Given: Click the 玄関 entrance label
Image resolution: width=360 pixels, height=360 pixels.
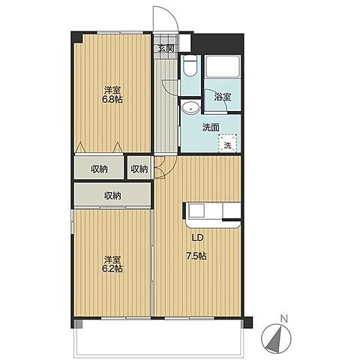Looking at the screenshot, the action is pyautogui.click(x=166, y=48).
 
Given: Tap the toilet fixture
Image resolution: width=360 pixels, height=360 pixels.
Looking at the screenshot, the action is pyautogui.click(x=188, y=65).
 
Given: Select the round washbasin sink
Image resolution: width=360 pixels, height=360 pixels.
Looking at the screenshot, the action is pyautogui.click(x=190, y=108).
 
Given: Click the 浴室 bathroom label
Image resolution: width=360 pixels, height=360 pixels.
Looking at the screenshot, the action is pyautogui.click(x=222, y=97).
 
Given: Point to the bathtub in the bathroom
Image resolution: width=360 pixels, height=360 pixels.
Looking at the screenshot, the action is pyautogui.click(x=222, y=67).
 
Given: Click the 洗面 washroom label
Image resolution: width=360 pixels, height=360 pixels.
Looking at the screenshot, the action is pyautogui.click(x=211, y=127).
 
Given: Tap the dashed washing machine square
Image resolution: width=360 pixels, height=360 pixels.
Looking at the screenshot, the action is pyautogui.click(x=227, y=143).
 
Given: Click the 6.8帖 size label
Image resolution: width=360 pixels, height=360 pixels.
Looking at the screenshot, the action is pyautogui.click(x=112, y=100).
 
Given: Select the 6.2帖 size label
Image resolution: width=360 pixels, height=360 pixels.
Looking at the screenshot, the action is pyautogui.click(x=112, y=268).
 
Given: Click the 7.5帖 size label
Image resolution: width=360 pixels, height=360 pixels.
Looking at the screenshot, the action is pyautogui.click(x=196, y=256).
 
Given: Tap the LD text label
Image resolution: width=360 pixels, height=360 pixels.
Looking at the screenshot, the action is pyautogui.click(x=197, y=238).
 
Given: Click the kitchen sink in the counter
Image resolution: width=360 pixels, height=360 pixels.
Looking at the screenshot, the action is pyautogui.click(x=196, y=211).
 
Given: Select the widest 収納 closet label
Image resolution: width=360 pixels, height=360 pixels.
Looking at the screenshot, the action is pyautogui.click(x=112, y=195).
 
